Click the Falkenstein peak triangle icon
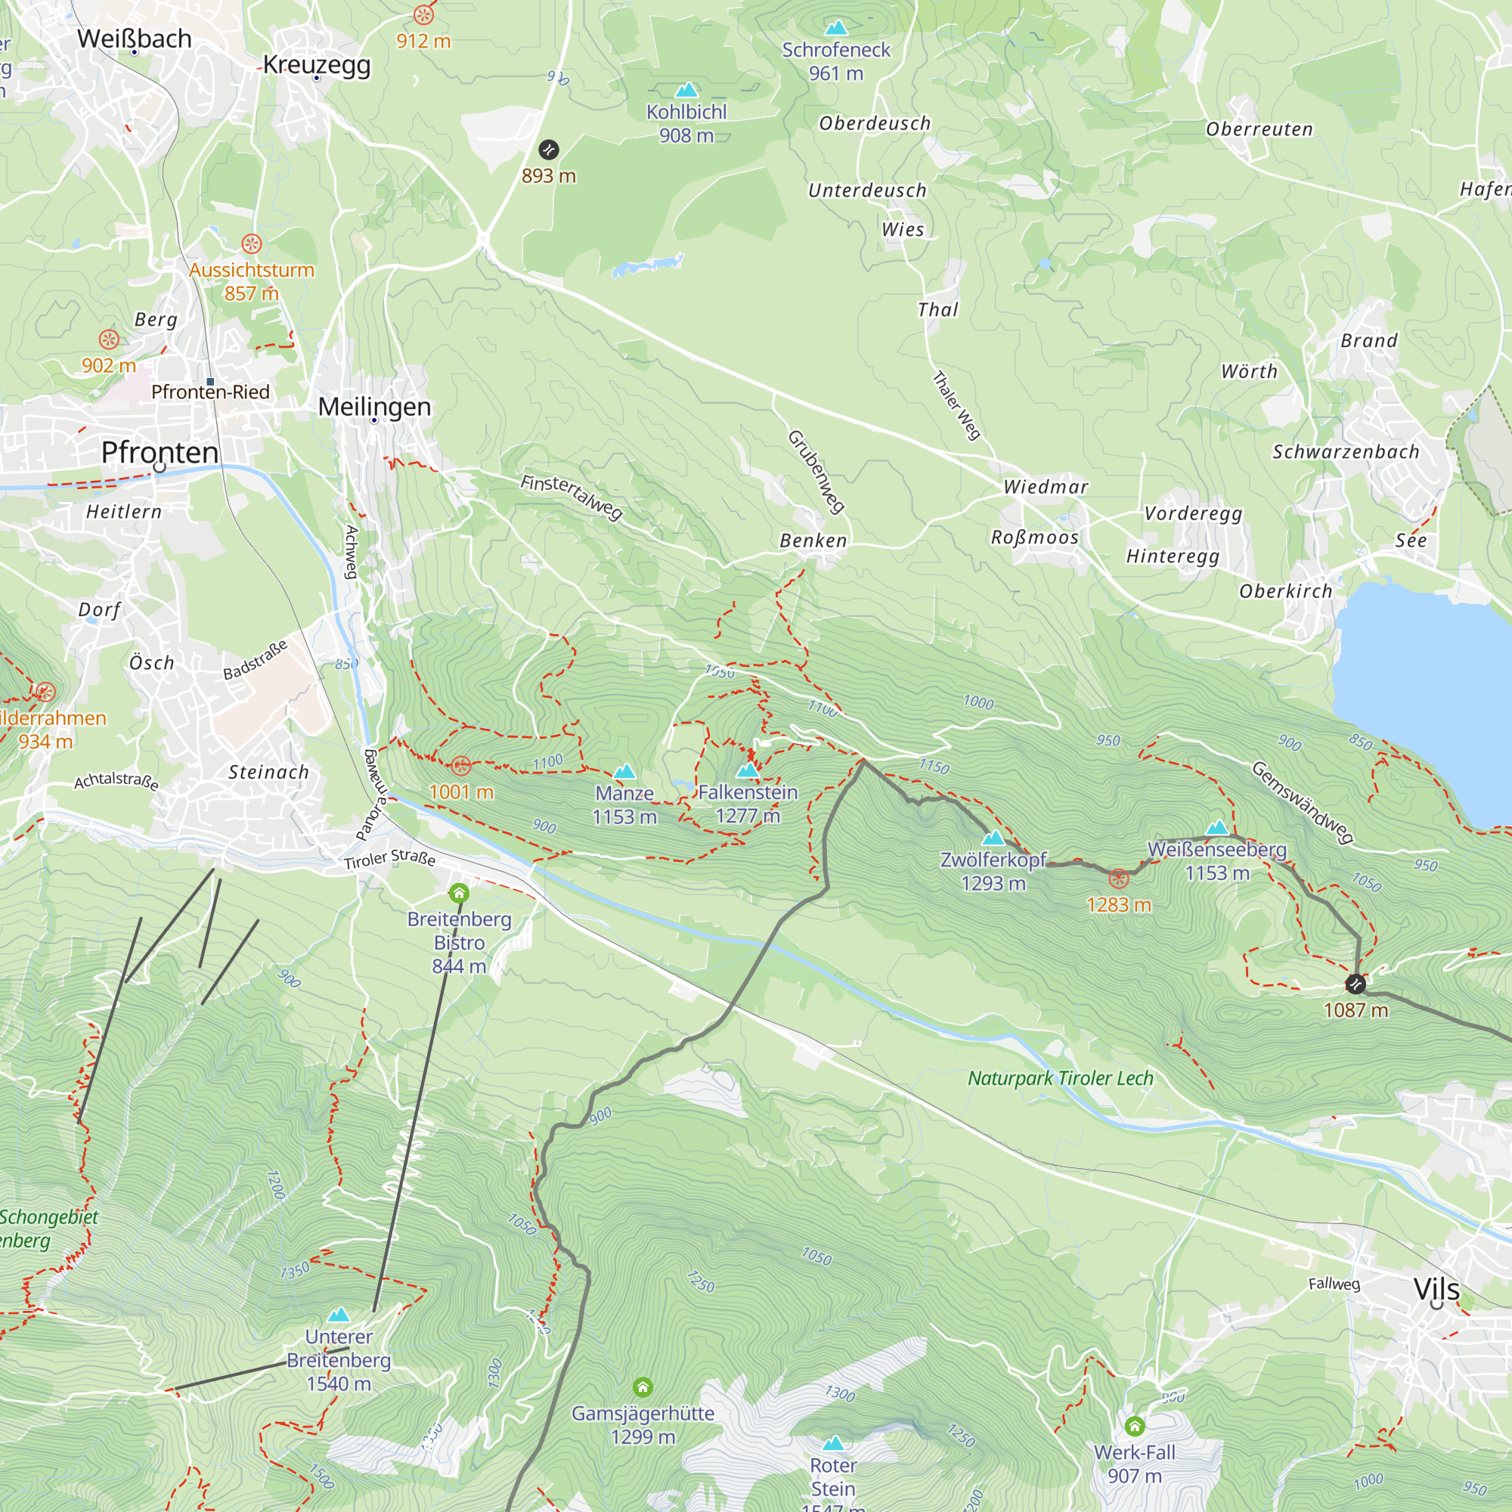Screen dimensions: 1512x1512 pyautogui.click(x=748, y=770)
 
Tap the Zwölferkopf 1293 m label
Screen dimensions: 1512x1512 pyautogui.click(x=993, y=871)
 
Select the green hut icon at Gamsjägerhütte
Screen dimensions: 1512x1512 pyautogui.click(x=643, y=1387)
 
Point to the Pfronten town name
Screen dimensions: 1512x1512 pyautogui.click(x=160, y=452)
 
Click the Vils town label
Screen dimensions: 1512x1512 pyautogui.click(x=1436, y=1289)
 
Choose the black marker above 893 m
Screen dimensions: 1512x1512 pyautogui.click(x=549, y=150)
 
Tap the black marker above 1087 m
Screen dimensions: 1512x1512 pyautogui.click(x=1356, y=984)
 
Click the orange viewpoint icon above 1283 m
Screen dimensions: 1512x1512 pyautogui.click(x=1118, y=879)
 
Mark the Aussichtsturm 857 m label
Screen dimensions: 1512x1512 pyautogui.click(x=251, y=281)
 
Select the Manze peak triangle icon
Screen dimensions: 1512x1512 pyautogui.click(x=624, y=772)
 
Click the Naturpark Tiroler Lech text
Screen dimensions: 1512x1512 pyautogui.click(x=1061, y=1079)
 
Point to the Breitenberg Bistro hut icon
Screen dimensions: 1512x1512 pyautogui.click(x=460, y=893)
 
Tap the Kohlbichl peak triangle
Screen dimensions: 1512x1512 pyautogui.click(x=686, y=90)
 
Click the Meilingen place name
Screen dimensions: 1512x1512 pyautogui.click(x=374, y=406)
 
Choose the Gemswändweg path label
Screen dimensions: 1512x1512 pyautogui.click(x=1303, y=802)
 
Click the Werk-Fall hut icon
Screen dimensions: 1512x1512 pyautogui.click(x=1134, y=1425)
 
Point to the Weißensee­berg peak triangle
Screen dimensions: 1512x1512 pyautogui.click(x=1217, y=827)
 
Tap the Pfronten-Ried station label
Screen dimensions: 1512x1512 pyautogui.click(x=210, y=392)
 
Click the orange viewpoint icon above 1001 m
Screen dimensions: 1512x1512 pyautogui.click(x=461, y=764)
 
